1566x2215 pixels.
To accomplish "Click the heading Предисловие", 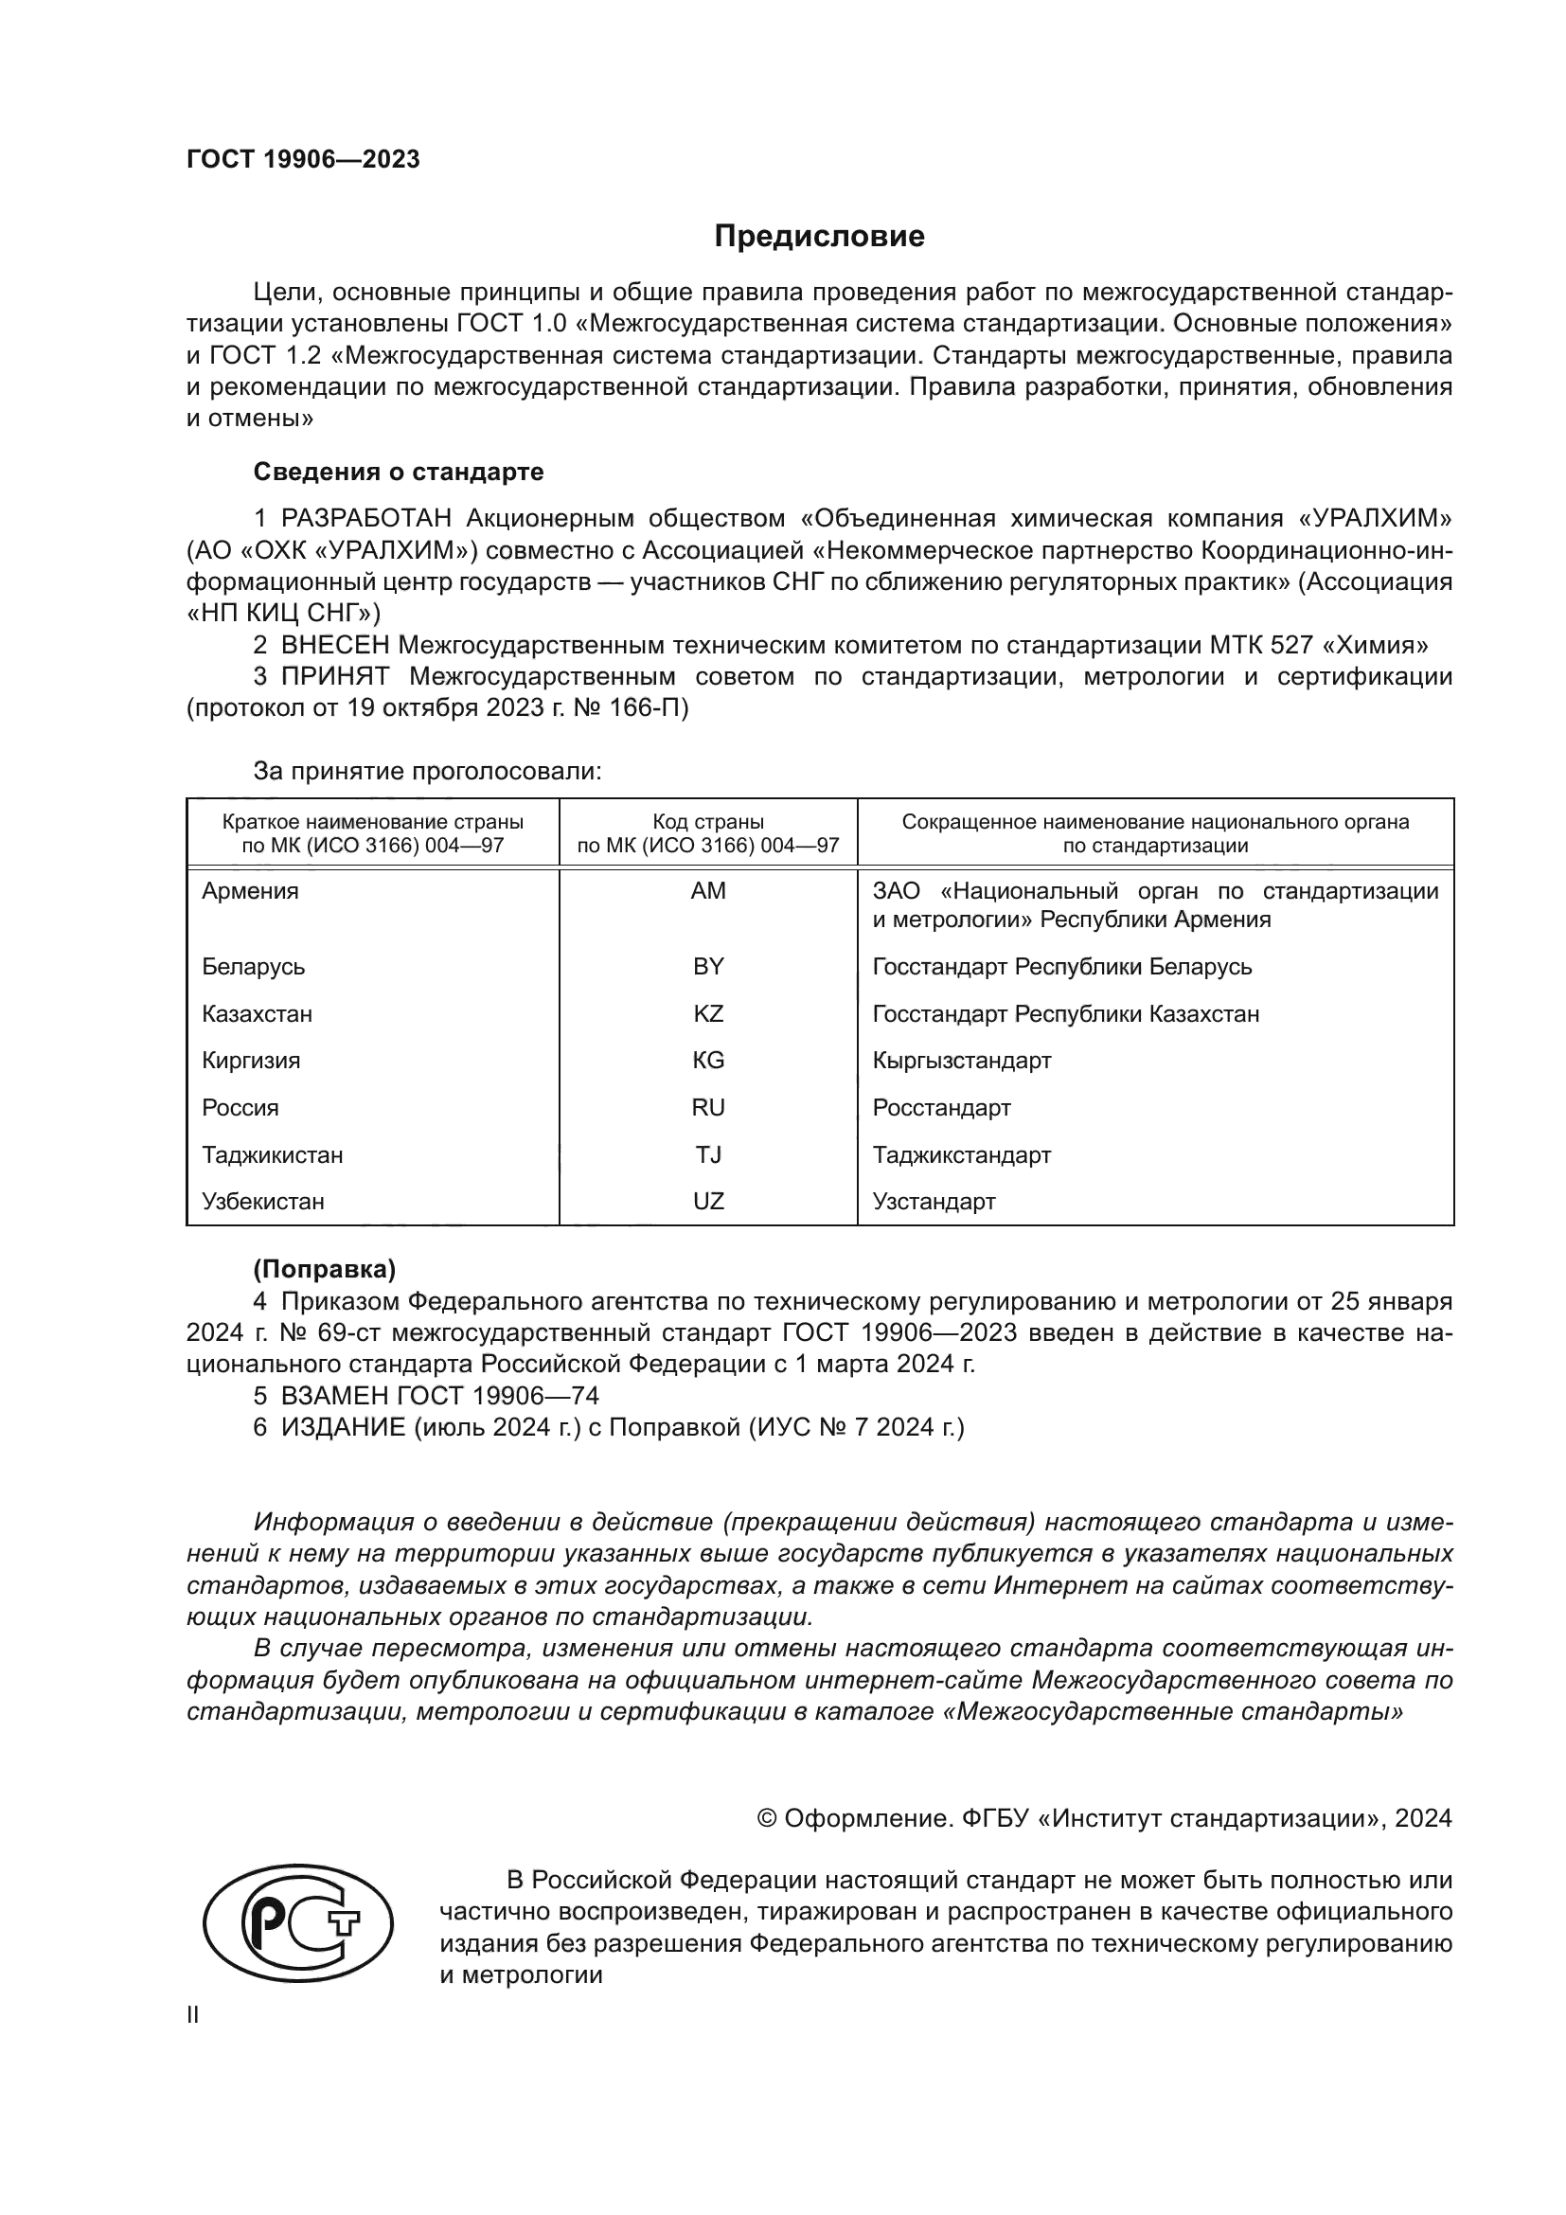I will (819, 237).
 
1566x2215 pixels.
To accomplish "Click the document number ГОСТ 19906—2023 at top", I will (303, 160).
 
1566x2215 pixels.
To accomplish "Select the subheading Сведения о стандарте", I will (399, 472).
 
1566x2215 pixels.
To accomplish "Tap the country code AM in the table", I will (708, 891).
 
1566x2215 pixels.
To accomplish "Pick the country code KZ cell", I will (708, 1014).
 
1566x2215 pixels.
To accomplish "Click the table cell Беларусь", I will (254, 967).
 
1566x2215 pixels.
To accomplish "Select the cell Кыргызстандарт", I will (961, 1061).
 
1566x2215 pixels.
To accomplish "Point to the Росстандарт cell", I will (941, 1108).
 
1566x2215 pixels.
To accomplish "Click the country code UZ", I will (708, 1201).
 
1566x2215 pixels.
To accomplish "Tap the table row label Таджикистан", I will (273, 1154).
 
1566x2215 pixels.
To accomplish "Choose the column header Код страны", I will (708, 822).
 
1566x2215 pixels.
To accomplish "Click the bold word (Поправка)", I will (324, 1270).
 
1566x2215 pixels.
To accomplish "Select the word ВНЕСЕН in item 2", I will (335, 645).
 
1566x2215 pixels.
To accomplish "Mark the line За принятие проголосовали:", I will (427, 771).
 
